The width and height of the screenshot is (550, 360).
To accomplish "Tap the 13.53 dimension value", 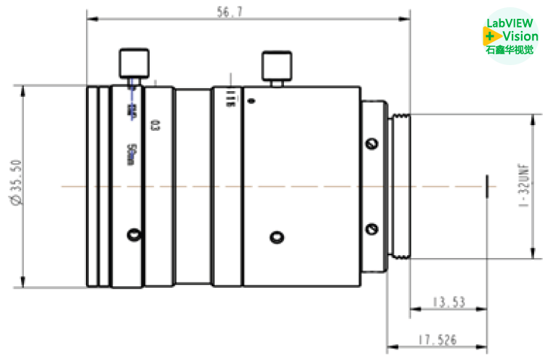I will click(x=448, y=302).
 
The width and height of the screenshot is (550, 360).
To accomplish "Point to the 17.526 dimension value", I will click(x=437, y=339).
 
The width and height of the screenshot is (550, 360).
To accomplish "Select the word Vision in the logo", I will click(x=520, y=36).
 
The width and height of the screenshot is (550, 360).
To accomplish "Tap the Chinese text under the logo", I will click(x=510, y=51).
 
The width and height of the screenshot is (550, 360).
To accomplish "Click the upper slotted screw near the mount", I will click(x=372, y=144).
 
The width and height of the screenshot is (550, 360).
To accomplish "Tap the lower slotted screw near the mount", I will click(x=372, y=230).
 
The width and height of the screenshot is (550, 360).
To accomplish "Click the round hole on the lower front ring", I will click(x=133, y=234).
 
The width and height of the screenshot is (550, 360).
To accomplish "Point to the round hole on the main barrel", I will click(x=275, y=236).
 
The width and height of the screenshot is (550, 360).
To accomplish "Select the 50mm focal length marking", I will click(x=130, y=153).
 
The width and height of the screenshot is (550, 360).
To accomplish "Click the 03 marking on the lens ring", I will click(x=154, y=124).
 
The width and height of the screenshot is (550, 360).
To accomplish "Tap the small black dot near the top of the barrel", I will click(x=251, y=100).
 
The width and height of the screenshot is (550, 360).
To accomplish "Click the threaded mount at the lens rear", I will click(x=399, y=186).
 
